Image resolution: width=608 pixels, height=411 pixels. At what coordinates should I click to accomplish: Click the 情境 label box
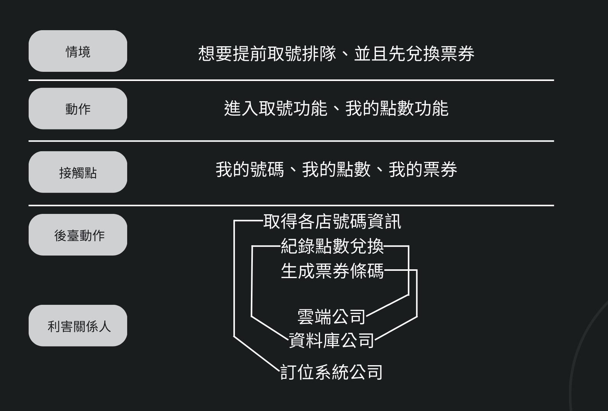(78, 51)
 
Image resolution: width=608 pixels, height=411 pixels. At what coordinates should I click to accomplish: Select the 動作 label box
(78, 109)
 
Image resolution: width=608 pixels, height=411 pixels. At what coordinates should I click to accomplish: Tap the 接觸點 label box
(78, 172)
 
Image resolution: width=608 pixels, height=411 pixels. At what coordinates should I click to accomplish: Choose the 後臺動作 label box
(78, 235)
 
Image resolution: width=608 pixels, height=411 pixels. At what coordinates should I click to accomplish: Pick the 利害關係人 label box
(78, 326)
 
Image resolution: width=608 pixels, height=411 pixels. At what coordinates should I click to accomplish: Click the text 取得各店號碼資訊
(332, 222)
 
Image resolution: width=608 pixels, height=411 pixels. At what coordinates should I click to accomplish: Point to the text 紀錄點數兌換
(332, 246)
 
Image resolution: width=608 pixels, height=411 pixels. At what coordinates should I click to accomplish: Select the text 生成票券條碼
(332, 271)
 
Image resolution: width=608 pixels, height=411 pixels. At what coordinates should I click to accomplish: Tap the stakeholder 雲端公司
(331, 317)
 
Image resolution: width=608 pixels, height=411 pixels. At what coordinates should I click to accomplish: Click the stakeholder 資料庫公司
(331, 340)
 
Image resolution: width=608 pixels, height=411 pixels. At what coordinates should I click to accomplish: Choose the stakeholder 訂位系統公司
(331, 372)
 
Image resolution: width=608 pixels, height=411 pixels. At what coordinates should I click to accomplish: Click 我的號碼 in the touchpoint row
(250, 170)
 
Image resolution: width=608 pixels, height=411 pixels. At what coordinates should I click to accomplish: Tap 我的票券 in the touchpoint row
(423, 170)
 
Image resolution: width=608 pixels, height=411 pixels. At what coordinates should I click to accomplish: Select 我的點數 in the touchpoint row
(336, 170)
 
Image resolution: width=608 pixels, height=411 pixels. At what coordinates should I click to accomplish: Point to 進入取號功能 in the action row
(275, 108)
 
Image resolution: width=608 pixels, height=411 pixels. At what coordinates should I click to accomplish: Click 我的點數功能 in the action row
(397, 108)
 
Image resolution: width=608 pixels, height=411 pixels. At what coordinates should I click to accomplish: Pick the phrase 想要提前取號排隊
(267, 53)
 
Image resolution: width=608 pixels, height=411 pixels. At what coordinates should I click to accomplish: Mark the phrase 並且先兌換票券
(414, 53)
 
